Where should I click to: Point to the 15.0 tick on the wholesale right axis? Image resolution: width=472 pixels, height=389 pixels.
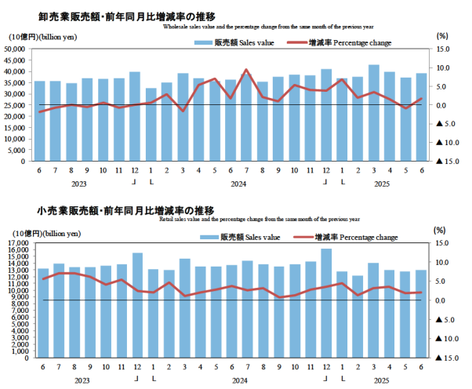[x=443, y=49]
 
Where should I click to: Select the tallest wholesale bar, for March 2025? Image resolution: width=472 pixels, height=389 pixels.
[x=374, y=112]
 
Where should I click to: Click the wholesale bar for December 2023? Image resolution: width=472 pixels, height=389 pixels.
[x=135, y=116]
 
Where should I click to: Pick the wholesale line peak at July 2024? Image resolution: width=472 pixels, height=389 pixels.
[x=246, y=70]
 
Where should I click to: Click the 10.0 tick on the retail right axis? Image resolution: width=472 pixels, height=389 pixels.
[x=442, y=263]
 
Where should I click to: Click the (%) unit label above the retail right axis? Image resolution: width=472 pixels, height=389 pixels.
[x=441, y=231]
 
